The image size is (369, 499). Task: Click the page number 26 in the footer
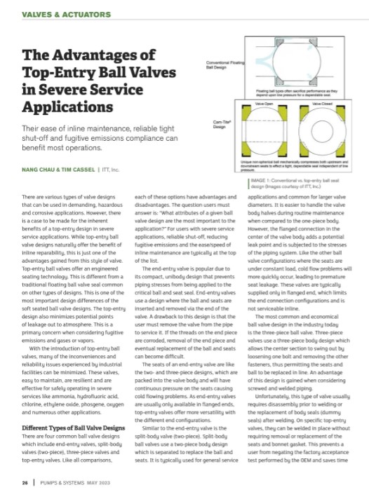coord(26,483)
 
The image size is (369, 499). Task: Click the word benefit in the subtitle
coord(37,148)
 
